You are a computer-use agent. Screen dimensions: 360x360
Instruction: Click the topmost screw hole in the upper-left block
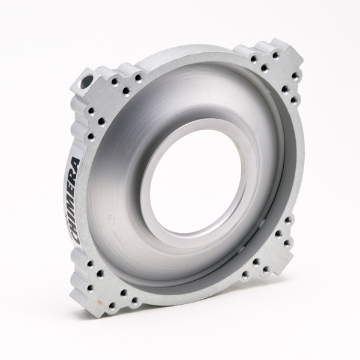[139, 77]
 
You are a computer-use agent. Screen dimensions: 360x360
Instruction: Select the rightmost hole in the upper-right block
[296, 74]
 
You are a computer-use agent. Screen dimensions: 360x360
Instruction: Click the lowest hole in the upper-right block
[293, 101]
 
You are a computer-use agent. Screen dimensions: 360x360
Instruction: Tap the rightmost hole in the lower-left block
[133, 299]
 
